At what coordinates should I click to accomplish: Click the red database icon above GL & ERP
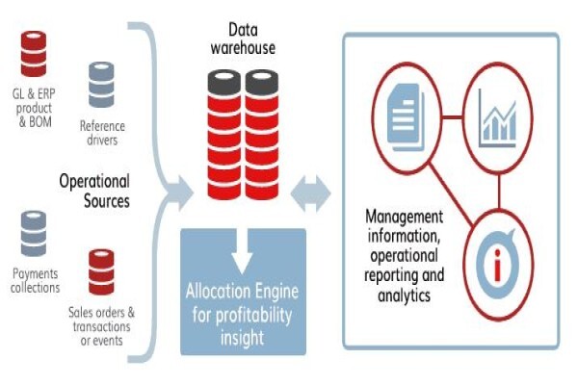point(34,54)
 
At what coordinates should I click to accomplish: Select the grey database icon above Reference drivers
point(101,85)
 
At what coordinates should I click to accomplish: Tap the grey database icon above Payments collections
point(34,234)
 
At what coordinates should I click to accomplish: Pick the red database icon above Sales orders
point(101,272)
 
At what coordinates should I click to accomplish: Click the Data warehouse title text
point(243,39)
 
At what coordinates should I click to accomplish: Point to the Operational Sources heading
point(94,191)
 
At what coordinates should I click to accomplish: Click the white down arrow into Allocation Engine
point(242,251)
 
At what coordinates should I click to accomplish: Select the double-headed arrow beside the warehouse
point(310,193)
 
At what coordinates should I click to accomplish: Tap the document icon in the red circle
point(406,117)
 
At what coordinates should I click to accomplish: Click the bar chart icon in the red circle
point(497,117)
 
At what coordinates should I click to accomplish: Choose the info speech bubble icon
point(498,263)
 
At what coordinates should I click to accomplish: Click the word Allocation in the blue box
point(210,291)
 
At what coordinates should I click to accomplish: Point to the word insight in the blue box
point(242,338)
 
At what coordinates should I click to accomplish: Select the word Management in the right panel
point(405,217)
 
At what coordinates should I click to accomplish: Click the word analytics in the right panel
point(404,295)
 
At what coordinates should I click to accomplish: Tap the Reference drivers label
point(102,133)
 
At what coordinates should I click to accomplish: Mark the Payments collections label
point(35,280)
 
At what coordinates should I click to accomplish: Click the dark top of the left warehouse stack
point(224,82)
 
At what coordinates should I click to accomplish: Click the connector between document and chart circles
point(452,117)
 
